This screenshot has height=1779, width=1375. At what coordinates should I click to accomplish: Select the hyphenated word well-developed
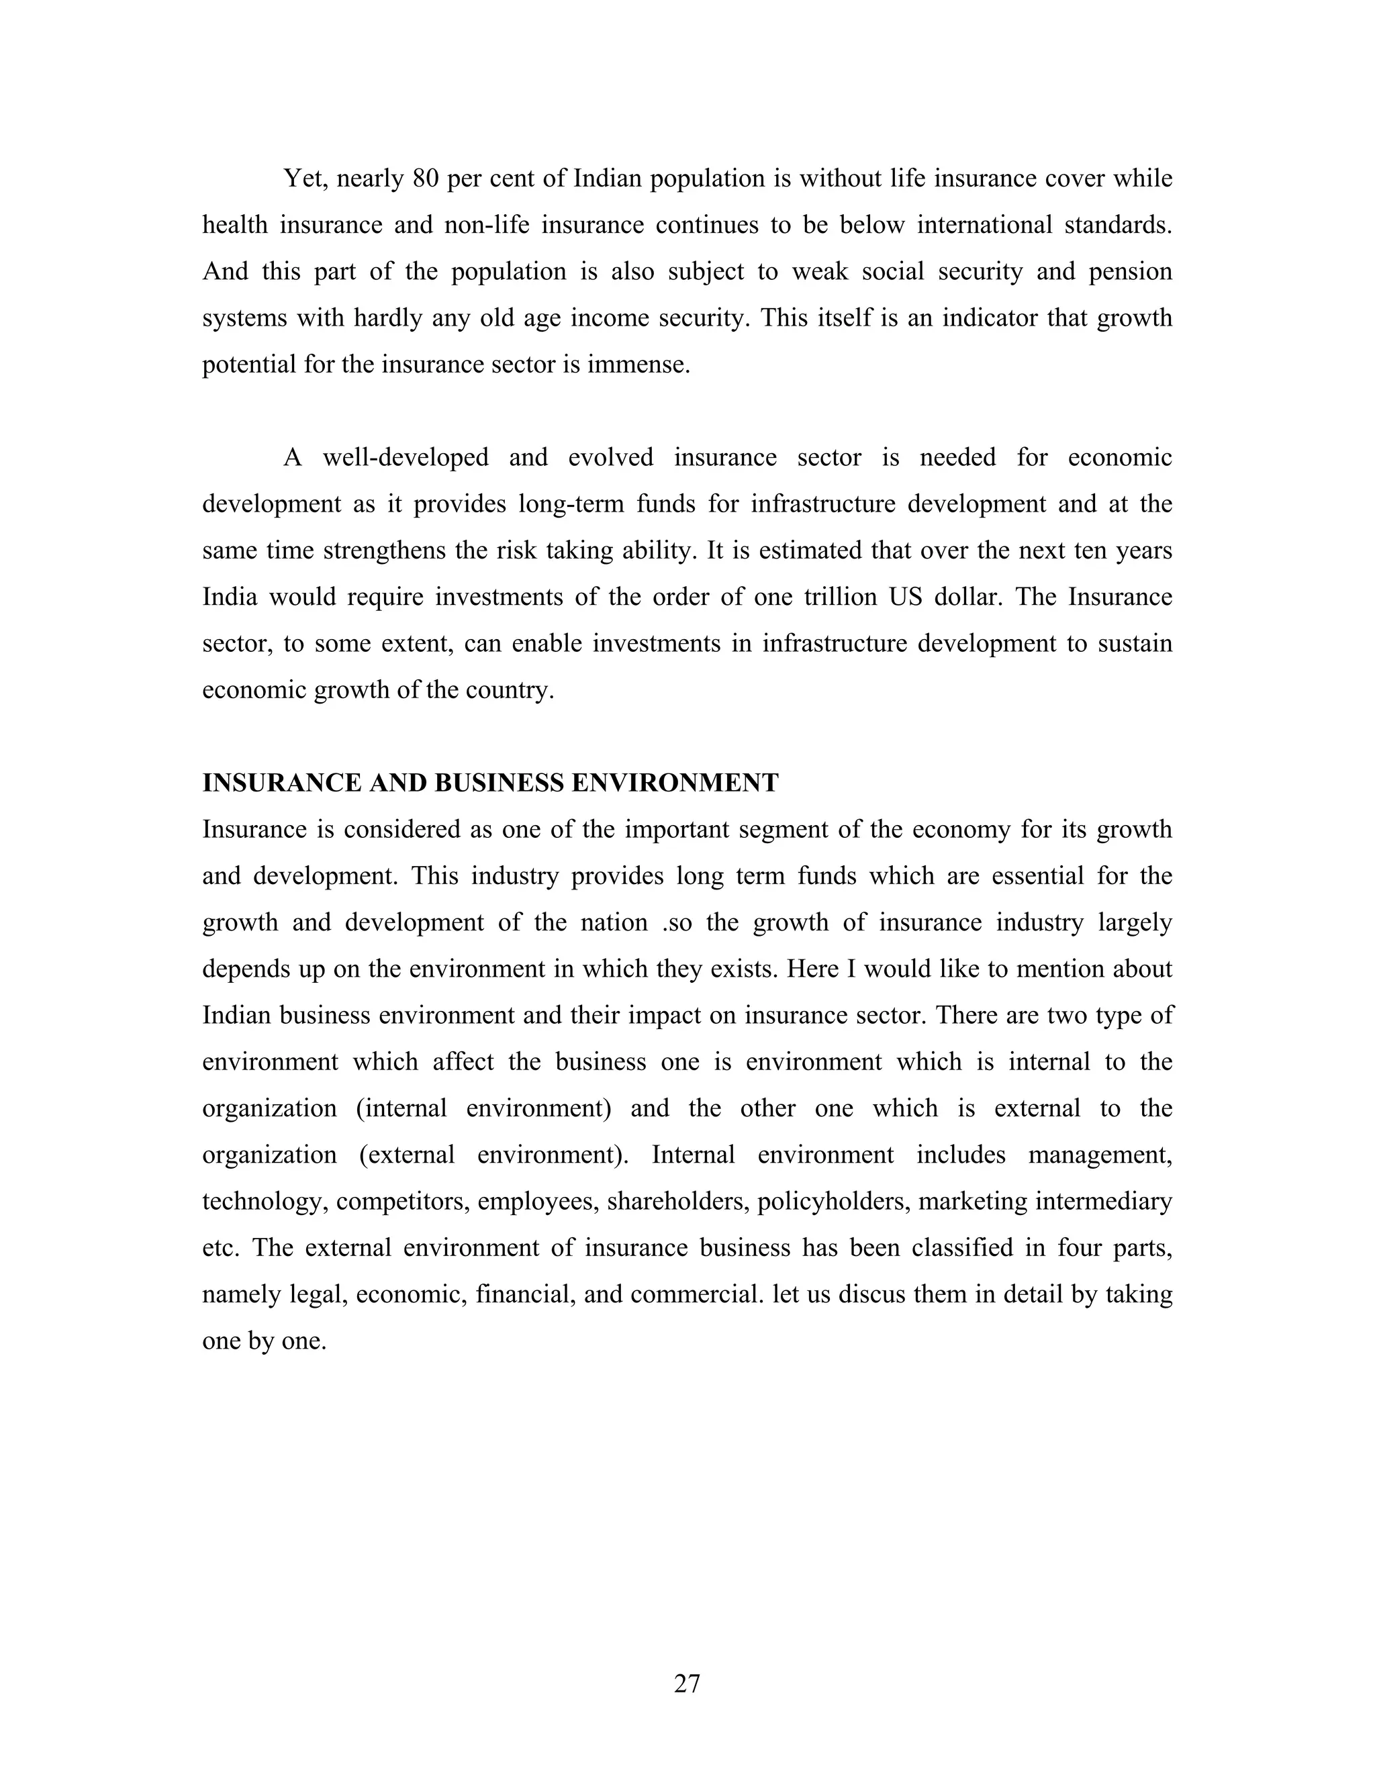406,458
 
